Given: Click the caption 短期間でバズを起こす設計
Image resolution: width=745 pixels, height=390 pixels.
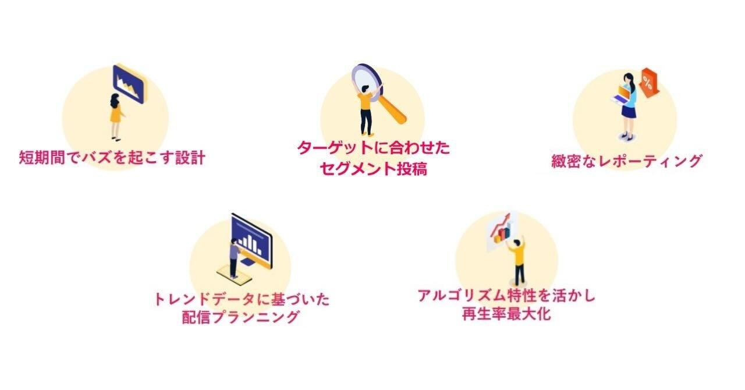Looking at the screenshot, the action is [x=112, y=158].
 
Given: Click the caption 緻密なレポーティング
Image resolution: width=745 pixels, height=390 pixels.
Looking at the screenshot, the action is [x=626, y=161].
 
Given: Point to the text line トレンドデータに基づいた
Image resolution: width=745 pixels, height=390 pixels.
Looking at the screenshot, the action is [x=241, y=299].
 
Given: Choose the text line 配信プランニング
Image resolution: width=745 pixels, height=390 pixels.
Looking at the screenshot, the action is [x=241, y=317].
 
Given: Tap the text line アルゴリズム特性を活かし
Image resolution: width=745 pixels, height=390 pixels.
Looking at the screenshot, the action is [x=506, y=296].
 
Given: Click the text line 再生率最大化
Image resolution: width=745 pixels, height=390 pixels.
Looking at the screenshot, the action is [x=506, y=315].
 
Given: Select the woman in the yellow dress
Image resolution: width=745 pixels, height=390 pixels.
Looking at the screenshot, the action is [x=115, y=116].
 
